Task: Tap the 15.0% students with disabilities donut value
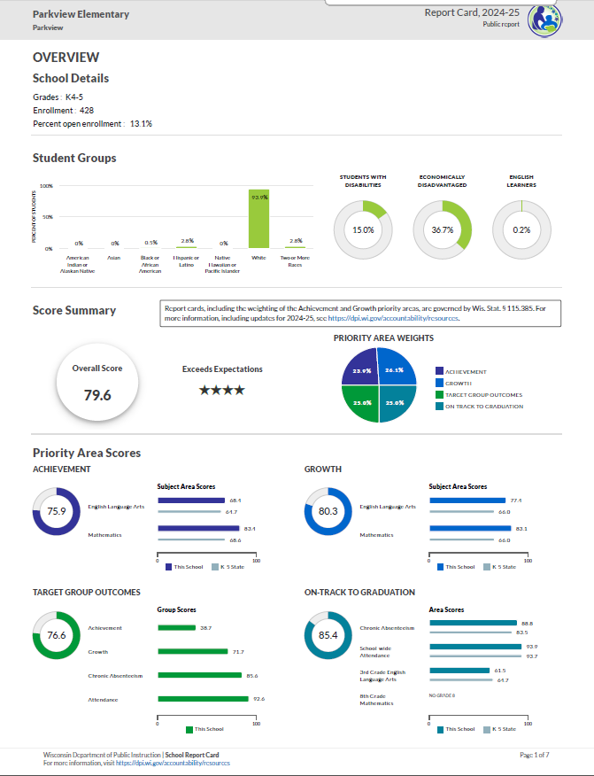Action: pyautogui.click(x=363, y=229)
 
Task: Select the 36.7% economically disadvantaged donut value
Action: pyautogui.click(x=443, y=229)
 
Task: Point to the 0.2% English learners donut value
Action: pyautogui.click(x=521, y=229)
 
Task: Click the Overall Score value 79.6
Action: pyautogui.click(x=97, y=395)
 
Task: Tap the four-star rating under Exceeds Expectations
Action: pyautogui.click(x=222, y=390)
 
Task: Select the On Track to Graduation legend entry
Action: pyautogui.click(x=483, y=407)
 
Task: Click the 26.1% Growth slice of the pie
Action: pyautogui.click(x=393, y=370)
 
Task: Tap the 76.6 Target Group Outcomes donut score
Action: pyautogui.click(x=57, y=635)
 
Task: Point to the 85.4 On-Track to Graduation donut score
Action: pyautogui.click(x=328, y=635)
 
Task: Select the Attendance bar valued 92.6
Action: pyautogui.click(x=203, y=699)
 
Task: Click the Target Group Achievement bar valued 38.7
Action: pyautogui.click(x=176, y=628)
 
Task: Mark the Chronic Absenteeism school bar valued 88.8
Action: pyautogui.click(x=473, y=623)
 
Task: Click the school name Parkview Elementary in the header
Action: pyautogui.click(x=81, y=14)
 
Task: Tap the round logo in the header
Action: pyautogui.click(x=544, y=19)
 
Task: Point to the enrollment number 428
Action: pyautogui.click(x=87, y=111)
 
